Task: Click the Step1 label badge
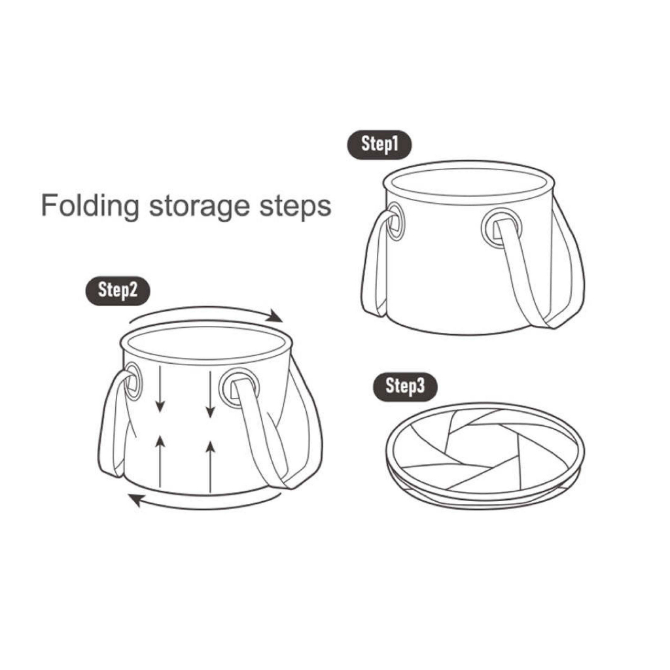click(379, 145)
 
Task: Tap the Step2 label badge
click(118, 291)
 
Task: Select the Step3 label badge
click(406, 387)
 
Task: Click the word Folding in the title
click(90, 206)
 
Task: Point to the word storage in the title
click(200, 207)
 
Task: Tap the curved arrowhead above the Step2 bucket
click(273, 316)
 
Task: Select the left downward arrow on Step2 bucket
click(160, 389)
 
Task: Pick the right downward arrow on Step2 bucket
click(210, 394)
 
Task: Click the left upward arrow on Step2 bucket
click(160, 461)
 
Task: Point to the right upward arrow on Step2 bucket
click(210, 467)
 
